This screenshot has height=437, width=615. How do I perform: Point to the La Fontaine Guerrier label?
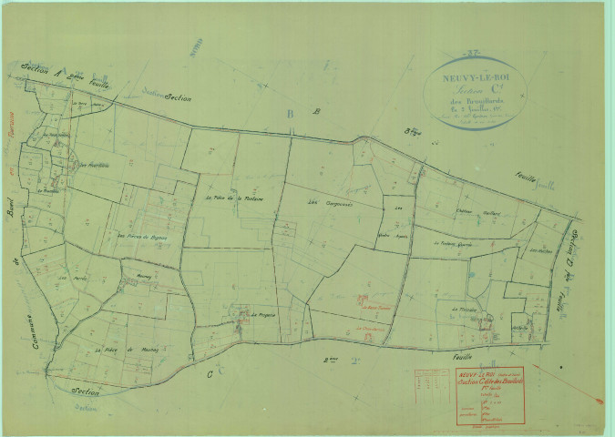coord(456,244)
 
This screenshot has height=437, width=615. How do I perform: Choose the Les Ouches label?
coord(539,249)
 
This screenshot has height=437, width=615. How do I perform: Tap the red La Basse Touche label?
coord(372,308)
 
